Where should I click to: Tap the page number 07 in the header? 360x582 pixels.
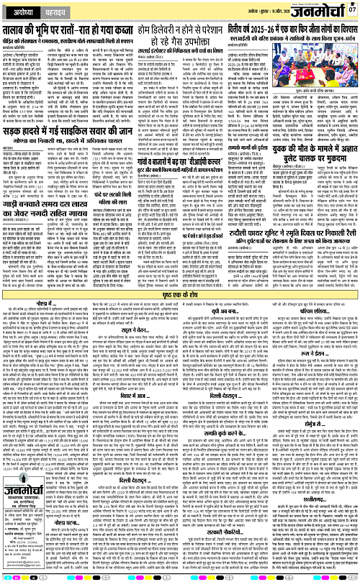[x=353, y=10]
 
